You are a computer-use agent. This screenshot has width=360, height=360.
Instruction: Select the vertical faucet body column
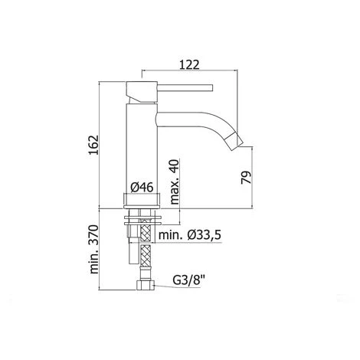click(139, 146)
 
